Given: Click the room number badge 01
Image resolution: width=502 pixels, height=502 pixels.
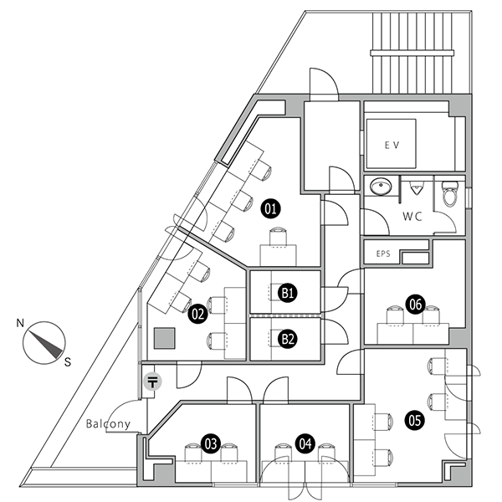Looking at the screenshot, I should click(x=270, y=207).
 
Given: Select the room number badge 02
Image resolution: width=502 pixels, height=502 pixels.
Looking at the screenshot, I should click(x=198, y=315).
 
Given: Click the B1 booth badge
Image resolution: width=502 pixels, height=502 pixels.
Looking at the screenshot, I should click(x=288, y=293).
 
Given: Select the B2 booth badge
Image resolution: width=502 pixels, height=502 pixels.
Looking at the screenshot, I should click(x=288, y=339).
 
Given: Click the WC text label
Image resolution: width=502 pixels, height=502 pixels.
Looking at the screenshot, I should click(x=412, y=215).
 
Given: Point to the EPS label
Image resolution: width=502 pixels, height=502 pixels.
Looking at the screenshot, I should click(x=383, y=253).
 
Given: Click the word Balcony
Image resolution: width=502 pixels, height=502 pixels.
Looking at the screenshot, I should click(x=109, y=423).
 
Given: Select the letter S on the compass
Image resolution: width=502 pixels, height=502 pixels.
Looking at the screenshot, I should click(x=68, y=361).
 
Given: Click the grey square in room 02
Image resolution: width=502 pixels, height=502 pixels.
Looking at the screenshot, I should click(x=165, y=337).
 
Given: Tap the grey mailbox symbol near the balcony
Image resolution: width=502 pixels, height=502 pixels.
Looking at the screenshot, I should click(x=152, y=383).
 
